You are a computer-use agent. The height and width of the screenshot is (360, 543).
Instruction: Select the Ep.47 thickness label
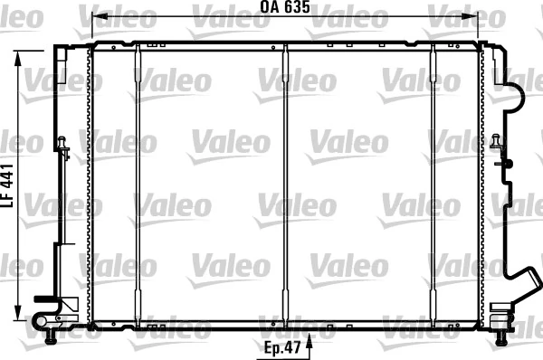(x=283, y=346)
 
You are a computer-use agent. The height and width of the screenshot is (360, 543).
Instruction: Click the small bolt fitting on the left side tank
(x=62, y=145)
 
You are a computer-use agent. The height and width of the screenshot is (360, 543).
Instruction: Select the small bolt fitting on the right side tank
(x=497, y=142)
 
